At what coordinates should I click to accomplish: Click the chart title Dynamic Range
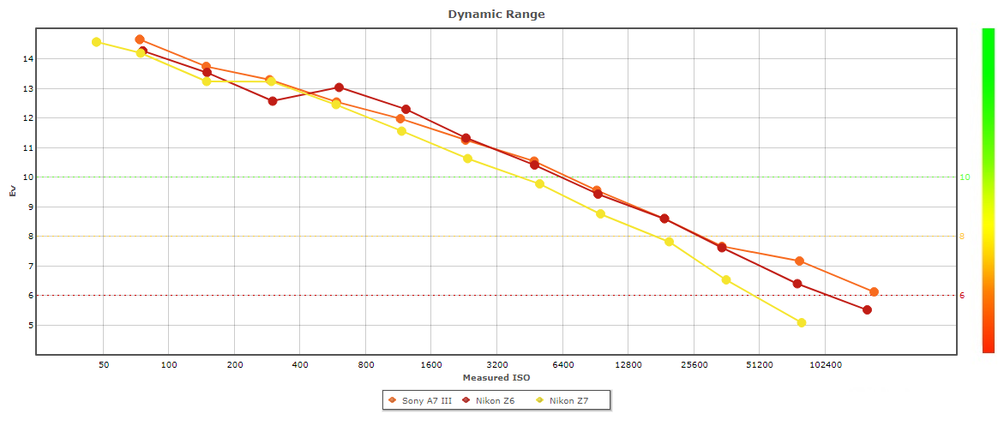(496, 15)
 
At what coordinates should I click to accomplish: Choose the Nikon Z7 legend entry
(570, 400)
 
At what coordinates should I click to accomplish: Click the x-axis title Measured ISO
(496, 377)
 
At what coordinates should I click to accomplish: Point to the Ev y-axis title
(12, 192)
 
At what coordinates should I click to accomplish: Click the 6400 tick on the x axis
(562, 364)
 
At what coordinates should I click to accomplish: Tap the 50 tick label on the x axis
(104, 364)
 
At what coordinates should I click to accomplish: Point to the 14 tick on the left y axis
(27, 59)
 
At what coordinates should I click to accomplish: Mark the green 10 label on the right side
(965, 177)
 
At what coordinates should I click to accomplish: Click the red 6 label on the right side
(962, 296)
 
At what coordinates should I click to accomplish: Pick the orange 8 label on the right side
(962, 237)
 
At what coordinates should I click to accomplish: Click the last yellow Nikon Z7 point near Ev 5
(802, 323)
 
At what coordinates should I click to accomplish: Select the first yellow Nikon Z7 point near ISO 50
(97, 42)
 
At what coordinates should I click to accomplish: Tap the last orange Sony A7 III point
(874, 292)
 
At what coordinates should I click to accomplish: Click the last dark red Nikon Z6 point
(867, 310)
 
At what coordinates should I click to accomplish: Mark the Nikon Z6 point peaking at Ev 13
(340, 87)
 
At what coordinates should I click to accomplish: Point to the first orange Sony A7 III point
(140, 39)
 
